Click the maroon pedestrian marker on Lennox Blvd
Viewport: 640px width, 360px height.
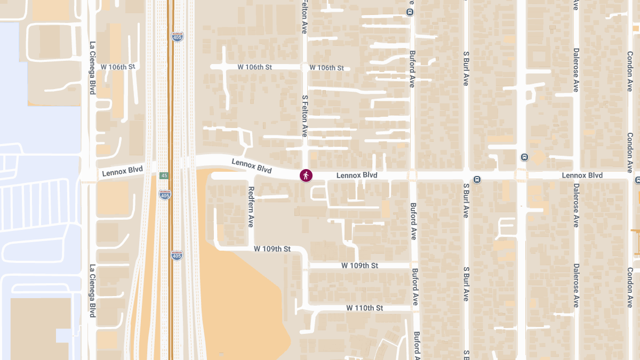click(x=306, y=175)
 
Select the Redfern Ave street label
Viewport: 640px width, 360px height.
click(x=251, y=207)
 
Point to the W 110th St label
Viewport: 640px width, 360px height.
click(x=365, y=308)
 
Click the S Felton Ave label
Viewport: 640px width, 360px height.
click(x=305, y=116)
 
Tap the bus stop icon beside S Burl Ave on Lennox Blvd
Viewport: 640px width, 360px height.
click(x=477, y=179)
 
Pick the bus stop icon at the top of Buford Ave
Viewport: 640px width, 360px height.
click(x=410, y=12)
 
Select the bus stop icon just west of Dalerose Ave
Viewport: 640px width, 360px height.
click(x=524, y=157)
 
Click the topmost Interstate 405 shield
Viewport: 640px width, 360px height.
click(x=177, y=36)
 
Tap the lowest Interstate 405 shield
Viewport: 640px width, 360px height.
click(x=177, y=255)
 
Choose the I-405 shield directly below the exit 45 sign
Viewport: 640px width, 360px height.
click(x=165, y=195)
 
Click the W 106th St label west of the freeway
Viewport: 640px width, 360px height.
click(x=118, y=67)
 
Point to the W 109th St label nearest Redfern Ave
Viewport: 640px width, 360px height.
click(x=272, y=249)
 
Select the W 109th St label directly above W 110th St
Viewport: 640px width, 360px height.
click(x=359, y=266)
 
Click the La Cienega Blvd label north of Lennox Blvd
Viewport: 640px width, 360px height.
click(x=92, y=68)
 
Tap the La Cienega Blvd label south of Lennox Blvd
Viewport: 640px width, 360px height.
click(x=92, y=291)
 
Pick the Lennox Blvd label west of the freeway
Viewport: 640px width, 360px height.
click(x=122, y=171)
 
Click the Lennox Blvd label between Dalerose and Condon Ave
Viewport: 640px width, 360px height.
click(x=582, y=175)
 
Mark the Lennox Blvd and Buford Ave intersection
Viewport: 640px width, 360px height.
click(x=412, y=175)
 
